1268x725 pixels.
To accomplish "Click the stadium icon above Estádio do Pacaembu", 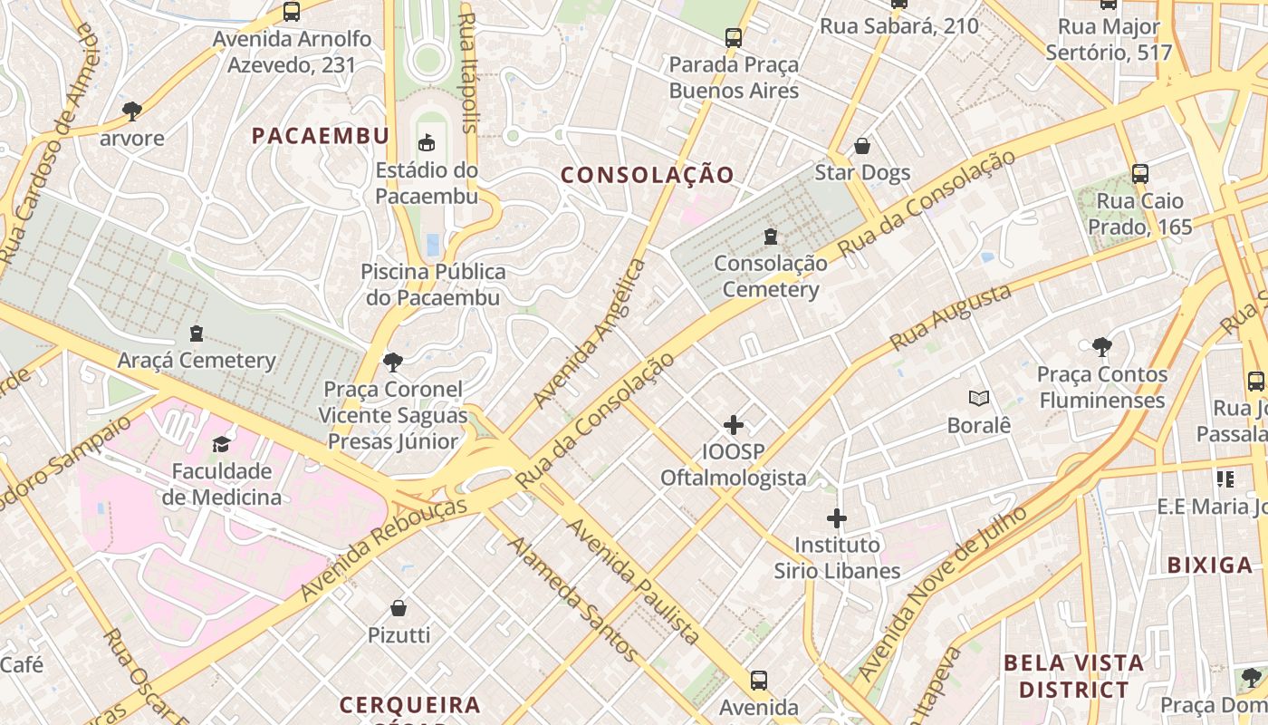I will pos(426,141).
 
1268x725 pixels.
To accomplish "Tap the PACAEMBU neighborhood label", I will pos(321,136).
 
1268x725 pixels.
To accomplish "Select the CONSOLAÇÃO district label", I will pos(647,175).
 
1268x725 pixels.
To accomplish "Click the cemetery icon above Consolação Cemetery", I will pos(770,237).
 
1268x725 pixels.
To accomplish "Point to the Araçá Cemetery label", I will pos(197,361).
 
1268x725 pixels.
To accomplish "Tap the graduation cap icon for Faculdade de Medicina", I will pos(221,444).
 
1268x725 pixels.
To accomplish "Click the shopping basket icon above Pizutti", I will pos(399,608).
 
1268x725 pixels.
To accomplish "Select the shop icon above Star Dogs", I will pos(862,146).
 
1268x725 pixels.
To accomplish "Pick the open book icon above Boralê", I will pos(978,398).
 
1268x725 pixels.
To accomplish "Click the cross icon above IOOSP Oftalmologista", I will pos(733,424).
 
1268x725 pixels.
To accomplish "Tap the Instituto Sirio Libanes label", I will pos(837,557).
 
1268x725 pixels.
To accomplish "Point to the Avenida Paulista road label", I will pos(633,581).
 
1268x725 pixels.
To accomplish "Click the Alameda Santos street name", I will pos(572,598).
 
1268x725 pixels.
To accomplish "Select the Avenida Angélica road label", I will pos(590,333).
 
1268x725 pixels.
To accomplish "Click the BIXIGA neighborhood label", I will pos(1209,565).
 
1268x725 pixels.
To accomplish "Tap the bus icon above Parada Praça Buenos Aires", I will pos(734,38).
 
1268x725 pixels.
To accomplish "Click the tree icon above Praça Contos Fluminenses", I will pos(1101,346).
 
